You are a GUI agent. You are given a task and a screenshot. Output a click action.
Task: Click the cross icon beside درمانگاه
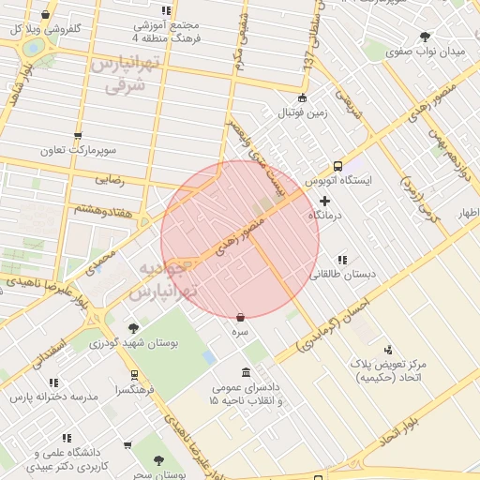[324, 201]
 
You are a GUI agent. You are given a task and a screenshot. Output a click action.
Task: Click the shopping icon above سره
[241, 318]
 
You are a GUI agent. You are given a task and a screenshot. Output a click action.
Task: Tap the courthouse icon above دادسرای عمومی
[246, 372]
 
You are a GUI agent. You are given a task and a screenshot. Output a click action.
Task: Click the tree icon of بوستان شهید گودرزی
[134, 328]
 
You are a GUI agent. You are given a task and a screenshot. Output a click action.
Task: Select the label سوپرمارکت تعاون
[77, 150]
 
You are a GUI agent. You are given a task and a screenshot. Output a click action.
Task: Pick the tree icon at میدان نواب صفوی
[425, 37]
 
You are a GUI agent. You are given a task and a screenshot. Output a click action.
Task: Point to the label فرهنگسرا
[130, 388]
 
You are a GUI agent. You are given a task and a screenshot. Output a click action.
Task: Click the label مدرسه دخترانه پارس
[54, 397]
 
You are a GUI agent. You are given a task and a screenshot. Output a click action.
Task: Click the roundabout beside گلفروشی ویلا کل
[34, 45]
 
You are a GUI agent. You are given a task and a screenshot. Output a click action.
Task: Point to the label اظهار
[467, 215]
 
